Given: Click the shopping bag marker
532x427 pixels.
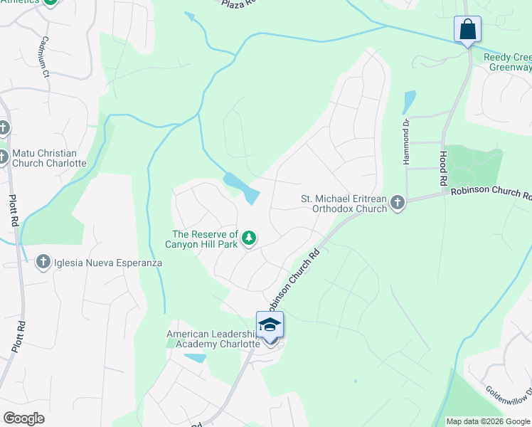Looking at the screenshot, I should point(467,30).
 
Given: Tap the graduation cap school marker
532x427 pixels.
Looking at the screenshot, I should point(270,325).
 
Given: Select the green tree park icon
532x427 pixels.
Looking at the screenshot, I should point(249,238).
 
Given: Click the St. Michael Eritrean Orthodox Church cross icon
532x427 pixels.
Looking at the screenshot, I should point(397,204).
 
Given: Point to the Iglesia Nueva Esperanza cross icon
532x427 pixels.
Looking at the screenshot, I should point(44,263).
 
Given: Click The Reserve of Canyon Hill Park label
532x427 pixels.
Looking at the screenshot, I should point(205,240).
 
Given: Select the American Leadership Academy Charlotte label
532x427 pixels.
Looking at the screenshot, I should point(212,339).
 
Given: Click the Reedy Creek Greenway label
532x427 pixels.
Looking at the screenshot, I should point(507,63).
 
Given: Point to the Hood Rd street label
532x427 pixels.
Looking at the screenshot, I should point(442,164).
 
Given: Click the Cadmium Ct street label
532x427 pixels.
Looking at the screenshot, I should point(45,56).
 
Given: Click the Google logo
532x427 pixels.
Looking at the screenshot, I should point(23,418).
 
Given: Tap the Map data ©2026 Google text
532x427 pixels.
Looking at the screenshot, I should point(488,421).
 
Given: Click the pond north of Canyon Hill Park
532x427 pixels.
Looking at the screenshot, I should point(242,186).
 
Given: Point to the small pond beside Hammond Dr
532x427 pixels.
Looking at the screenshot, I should point(409,102).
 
